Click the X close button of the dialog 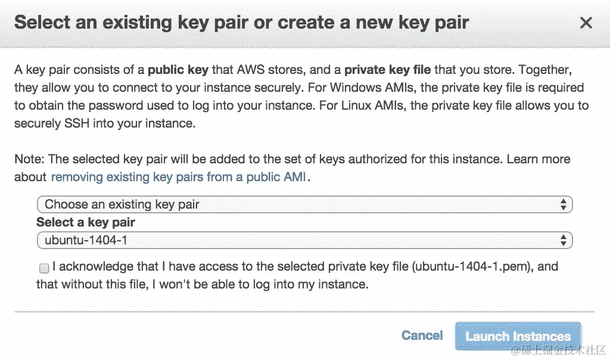(x=586, y=23)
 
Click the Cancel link (x=422, y=336)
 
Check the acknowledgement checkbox (x=44, y=268)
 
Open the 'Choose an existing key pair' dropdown (x=304, y=204)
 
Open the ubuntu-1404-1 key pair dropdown (x=304, y=240)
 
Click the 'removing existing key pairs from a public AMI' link (x=179, y=177)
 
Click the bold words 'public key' (x=178, y=70)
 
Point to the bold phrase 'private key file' (x=387, y=70)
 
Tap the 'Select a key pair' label (x=86, y=222)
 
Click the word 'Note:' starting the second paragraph (x=30, y=159)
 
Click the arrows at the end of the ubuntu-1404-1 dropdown (x=563, y=240)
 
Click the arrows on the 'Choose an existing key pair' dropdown (x=563, y=204)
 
